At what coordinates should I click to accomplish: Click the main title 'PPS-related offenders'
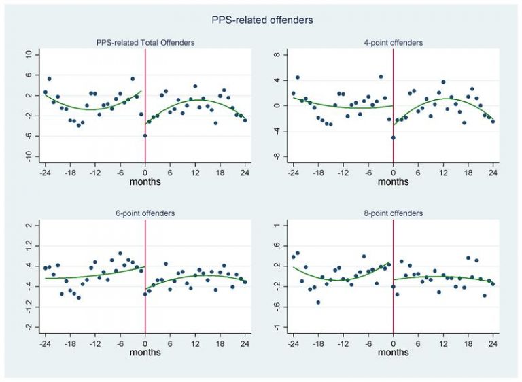click(x=262, y=20)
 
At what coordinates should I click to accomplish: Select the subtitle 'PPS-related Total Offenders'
click(x=145, y=43)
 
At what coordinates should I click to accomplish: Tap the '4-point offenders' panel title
click(x=394, y=43)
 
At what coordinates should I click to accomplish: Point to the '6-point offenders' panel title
click(x=145, y=213)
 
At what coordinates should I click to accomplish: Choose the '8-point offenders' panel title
click(x=394, y=213)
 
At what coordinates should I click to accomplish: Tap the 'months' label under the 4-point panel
click(x=394, y=182)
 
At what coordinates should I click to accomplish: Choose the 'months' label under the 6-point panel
click(x=145, y=353)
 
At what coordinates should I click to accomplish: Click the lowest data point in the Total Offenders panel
click(x=145, y=136)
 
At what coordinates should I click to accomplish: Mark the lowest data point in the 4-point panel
click(x=394, y=138)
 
